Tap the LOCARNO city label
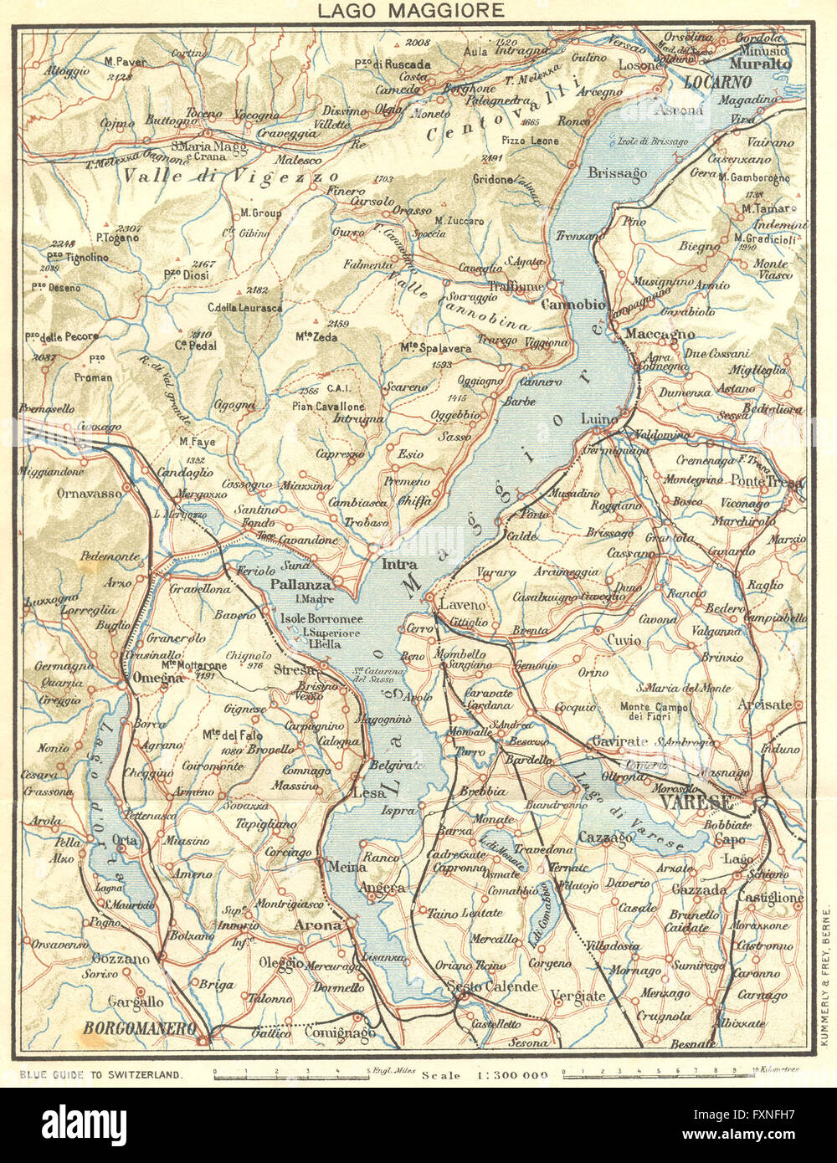pyautogui.click(x=718, y=82)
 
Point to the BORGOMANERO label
pyautogui.click(x=139, y=1027)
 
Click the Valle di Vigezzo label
pyautogui.click(x=230, y=177)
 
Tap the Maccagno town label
pyautogui.click(x=661, y=333)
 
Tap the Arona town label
pyautogui.click(x=317, y=925)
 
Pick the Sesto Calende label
pyautogui.click(x=491, y=986)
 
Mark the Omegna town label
pyautogui.click(x=156, y=679)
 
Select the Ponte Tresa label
pyautogui.click(x=766, y=481)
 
